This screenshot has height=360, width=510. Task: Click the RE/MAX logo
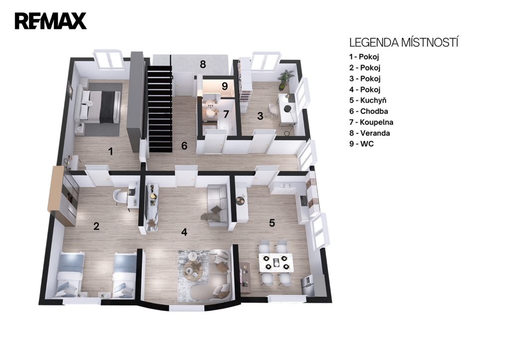pos(50,21)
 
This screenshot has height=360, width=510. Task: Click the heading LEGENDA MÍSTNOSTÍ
pos(403,43)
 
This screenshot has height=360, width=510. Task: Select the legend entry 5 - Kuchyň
pos(368,101)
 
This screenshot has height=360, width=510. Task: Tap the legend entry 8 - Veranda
pos(370,133)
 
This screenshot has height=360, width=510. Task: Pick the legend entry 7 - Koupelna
pos(372,122)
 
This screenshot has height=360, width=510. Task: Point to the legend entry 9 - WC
pos(362,144)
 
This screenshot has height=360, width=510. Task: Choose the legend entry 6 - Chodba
pos(369,111)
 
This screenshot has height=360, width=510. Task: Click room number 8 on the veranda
pos(203,64)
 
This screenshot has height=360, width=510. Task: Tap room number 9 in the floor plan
pos(225,86)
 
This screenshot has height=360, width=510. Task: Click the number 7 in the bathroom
pos(226,115)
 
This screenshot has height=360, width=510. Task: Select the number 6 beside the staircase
pos(184,146)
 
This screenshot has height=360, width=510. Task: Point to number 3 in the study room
pos(260,116)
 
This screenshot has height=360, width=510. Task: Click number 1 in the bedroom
pos(111,151)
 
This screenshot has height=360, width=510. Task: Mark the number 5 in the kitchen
pos(272,223)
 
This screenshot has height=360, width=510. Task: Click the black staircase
pos(159,109)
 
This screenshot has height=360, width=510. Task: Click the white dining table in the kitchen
pos(276,262)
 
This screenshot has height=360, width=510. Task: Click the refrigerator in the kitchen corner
pos(307,286)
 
